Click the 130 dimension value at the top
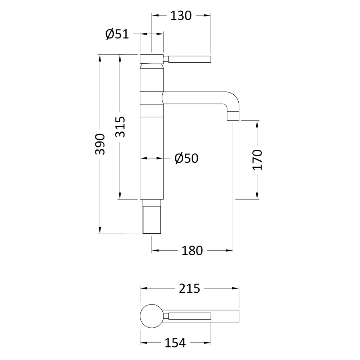[181, 15]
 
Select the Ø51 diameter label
[117, 34]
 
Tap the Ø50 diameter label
[186, 158]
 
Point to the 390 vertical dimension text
[100, 144]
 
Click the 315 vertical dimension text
[120, 127]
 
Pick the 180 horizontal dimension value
[192, 251]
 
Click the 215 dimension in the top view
[189, 288]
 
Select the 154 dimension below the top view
[175, 343]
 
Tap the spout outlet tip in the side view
[233, 116]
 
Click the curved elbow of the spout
[232, 99]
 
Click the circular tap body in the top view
[152, 316]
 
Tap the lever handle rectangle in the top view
[189, 316]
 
